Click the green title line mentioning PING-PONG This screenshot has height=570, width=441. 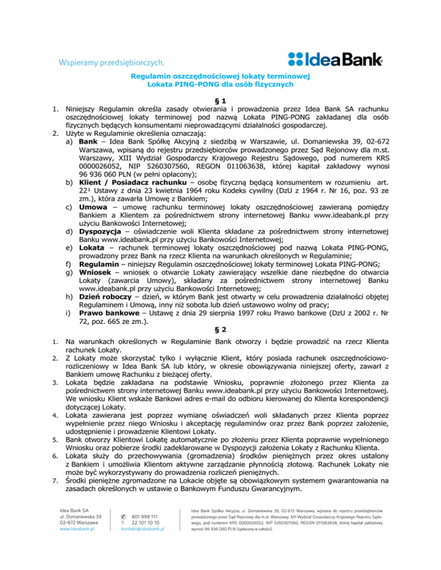(220, 84)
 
